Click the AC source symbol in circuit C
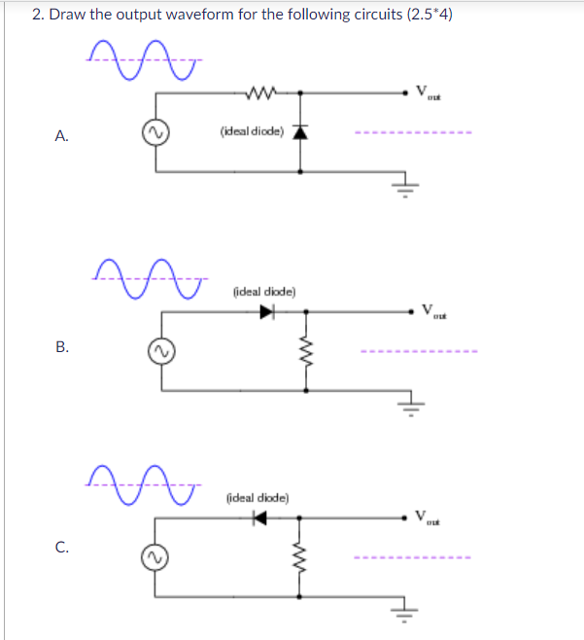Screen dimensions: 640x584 pos(152,558)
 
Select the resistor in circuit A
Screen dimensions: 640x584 pos(264,93)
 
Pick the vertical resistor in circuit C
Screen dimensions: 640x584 pos(297,557)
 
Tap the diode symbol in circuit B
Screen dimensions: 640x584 pos(267,312)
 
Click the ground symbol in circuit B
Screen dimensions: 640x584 pos(412,402)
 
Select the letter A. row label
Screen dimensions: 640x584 pos(61,137)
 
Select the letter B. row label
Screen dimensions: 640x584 pos(61,344)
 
